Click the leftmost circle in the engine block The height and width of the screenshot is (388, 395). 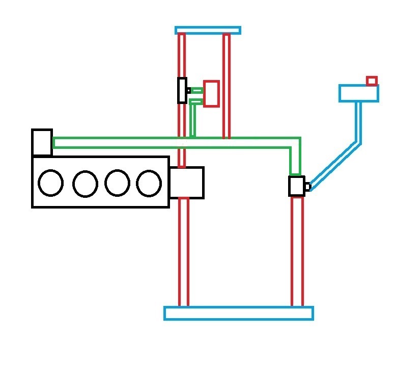pos(50,183)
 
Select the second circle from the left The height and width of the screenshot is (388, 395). pos(85,184)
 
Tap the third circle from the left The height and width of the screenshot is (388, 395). pos(117,183)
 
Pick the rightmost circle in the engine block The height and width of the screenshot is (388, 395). pos(149,183)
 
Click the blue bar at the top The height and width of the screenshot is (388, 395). pos(208,30)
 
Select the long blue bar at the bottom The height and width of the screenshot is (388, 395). pos(238,313)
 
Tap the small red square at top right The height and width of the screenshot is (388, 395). pos(372,81)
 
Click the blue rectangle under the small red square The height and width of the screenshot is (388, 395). pos(358,93)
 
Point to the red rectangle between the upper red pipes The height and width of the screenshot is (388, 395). pos(211,93)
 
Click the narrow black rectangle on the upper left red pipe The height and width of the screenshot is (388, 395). pos(182,90)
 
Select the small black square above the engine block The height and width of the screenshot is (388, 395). pos(42,142)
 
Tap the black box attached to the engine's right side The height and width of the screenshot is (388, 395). pos(186,183)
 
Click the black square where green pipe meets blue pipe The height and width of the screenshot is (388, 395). pos(296,186)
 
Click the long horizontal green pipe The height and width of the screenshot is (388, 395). pos(173,143)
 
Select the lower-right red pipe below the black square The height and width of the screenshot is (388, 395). pos(297,251)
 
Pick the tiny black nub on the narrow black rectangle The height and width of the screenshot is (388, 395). pos(188,90)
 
